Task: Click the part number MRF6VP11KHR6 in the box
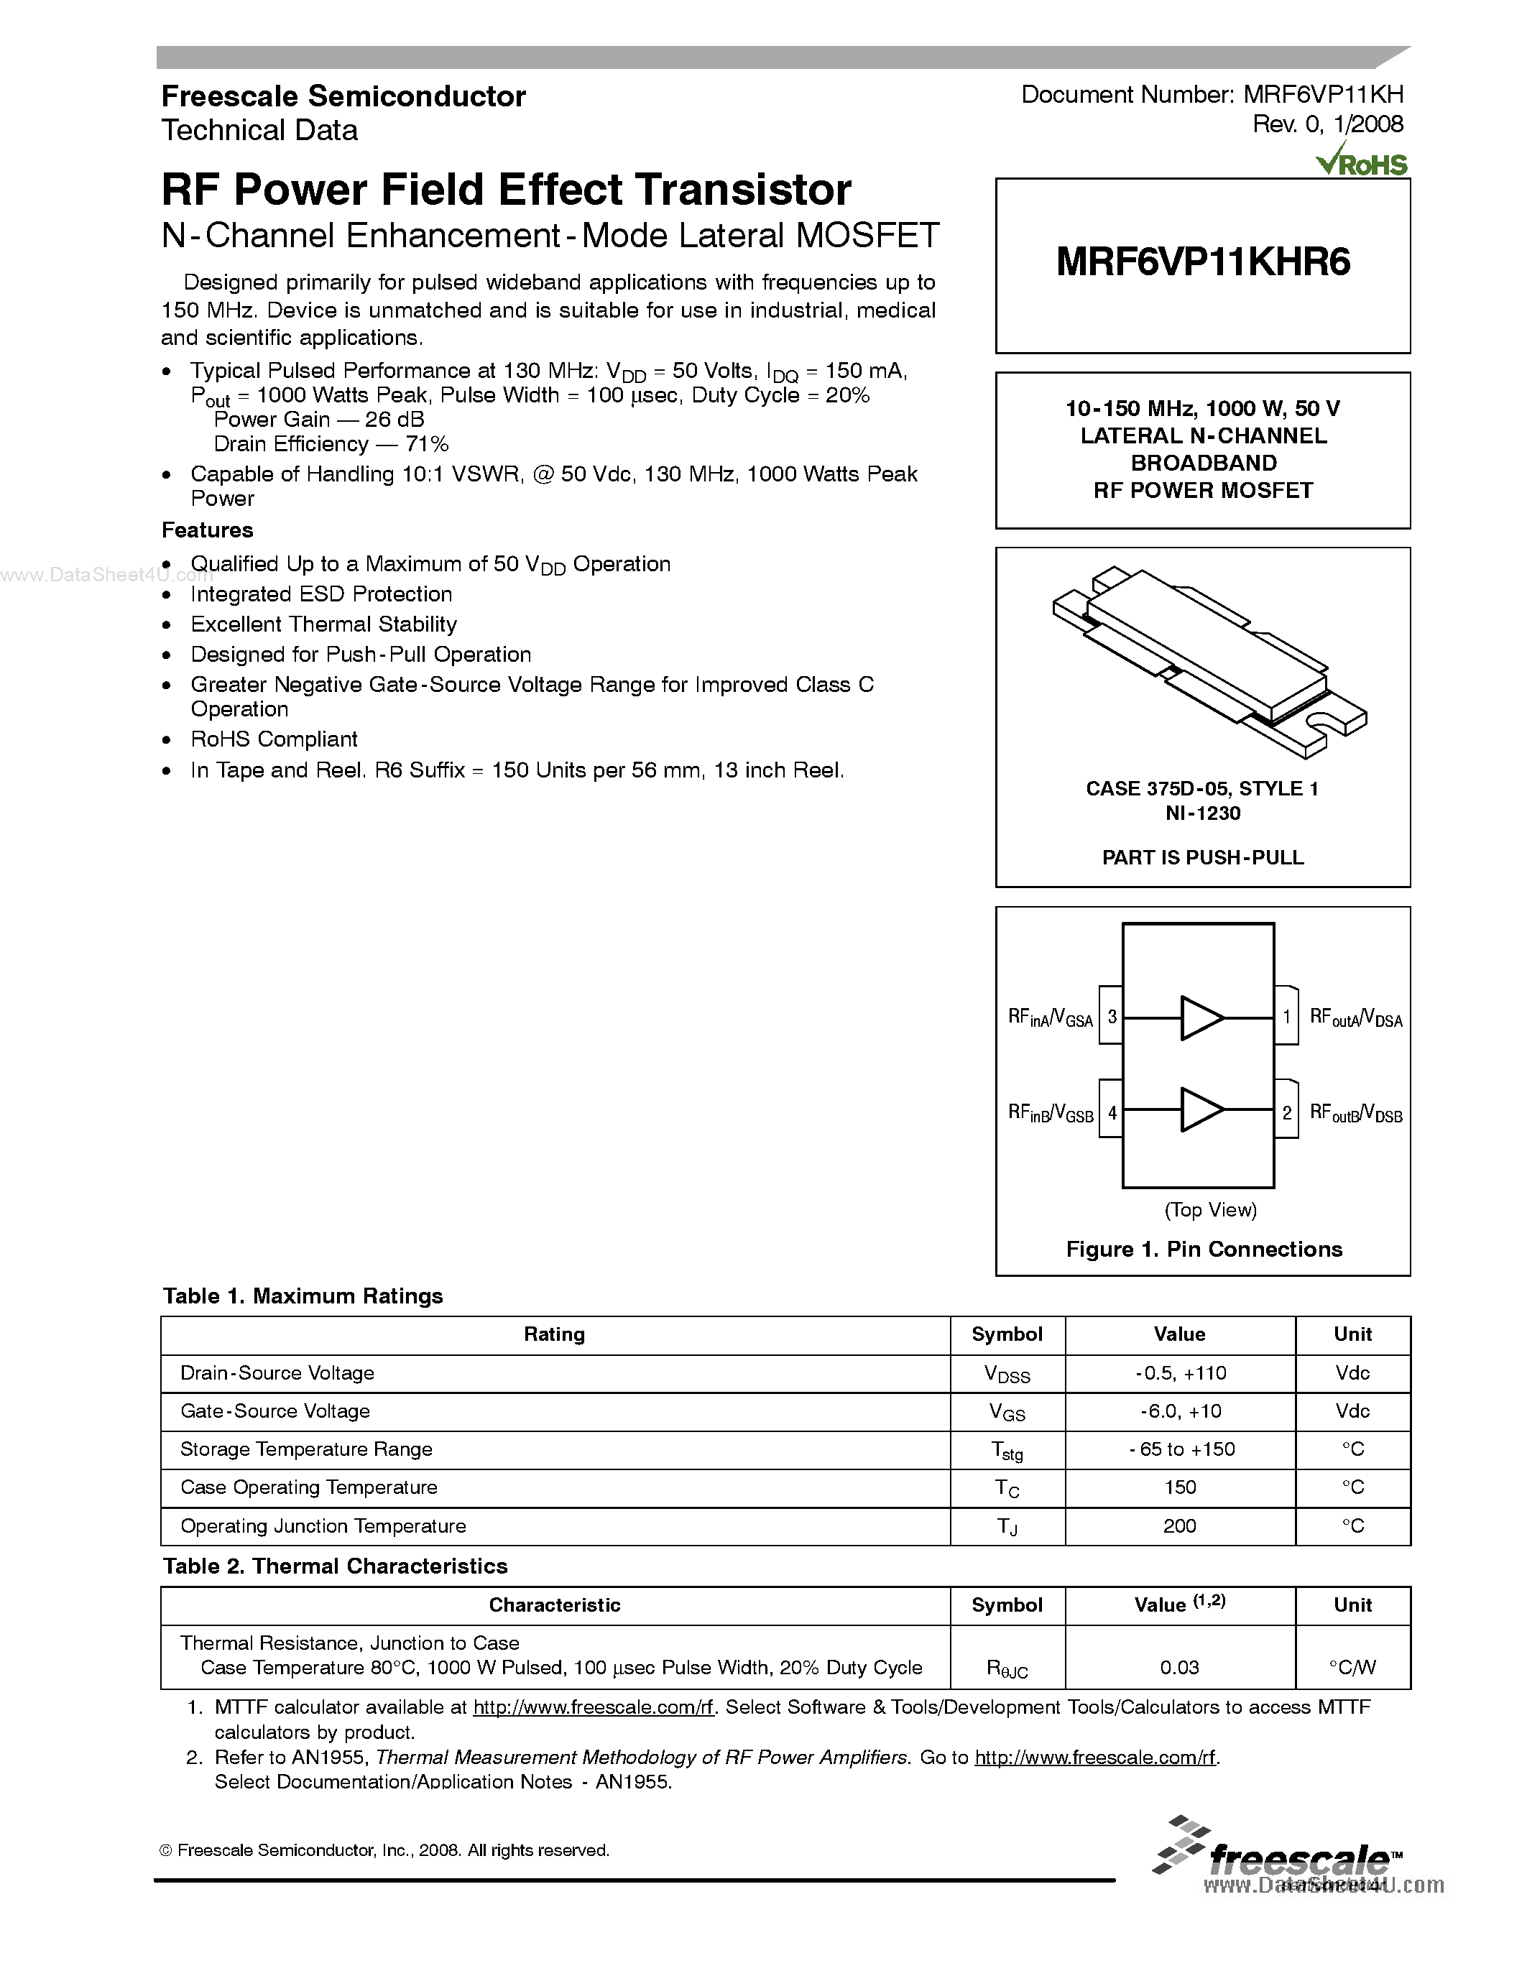click(x=1202, y=262)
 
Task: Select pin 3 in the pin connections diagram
click(x=1112, y=1017)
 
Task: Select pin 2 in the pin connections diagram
click(x=1286, y=1113)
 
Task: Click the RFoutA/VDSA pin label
click(x=1355, y=1018)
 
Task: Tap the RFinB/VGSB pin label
click(x=1051, y=1114)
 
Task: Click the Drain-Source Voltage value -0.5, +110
click(x=1180, y=1373)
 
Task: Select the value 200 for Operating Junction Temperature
click(x=1180, y=1526)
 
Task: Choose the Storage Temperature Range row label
click(x=306, y=1449)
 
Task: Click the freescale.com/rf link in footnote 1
click(x=594, y=1707)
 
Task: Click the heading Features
click(x=207, y=530)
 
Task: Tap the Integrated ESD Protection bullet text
click(x=321, y=594)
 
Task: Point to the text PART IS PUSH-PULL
click(x=1202, y=858)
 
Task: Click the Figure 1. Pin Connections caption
click(x=1203, y=1250)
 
